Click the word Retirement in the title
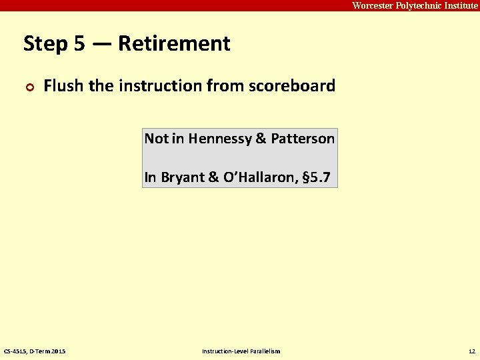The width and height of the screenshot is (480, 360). point(174,44)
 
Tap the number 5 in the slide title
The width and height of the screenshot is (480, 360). point(79,44)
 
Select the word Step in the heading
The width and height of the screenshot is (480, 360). point(45,44)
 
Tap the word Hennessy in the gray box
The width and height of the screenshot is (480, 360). point(219,139)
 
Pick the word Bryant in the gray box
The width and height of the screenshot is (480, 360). point(181,178)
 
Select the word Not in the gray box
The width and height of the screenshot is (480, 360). point(157,139)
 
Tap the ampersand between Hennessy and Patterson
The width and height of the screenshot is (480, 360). point(260,139)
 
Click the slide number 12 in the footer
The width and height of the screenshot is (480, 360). point(472,351)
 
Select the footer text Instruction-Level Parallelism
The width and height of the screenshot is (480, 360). point(241,351)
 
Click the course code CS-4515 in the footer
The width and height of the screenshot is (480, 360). point(15,351)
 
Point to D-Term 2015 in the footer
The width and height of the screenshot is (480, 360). point(48,351)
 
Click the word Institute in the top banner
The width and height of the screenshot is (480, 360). point(460,5)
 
